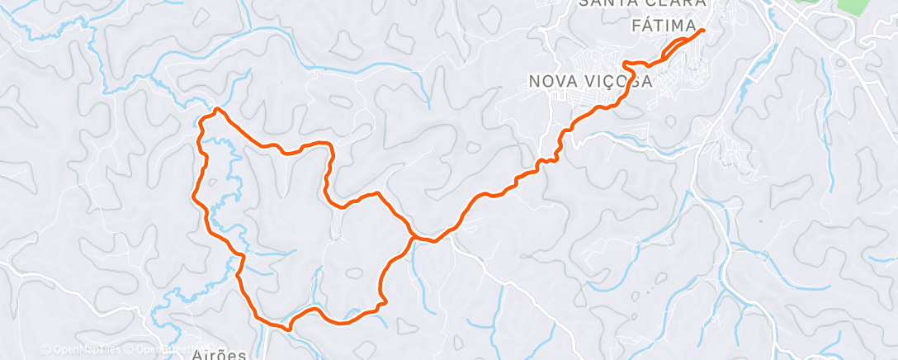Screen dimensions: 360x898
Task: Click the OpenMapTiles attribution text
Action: point(85,349)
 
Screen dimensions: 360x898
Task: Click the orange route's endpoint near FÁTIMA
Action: point(702,31)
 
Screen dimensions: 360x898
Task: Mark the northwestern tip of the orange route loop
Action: point(216,109)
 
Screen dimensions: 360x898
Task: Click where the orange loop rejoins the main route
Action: point(413,238)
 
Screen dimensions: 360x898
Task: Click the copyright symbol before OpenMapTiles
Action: point(46,349)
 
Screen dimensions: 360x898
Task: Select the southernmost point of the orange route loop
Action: point(289,329)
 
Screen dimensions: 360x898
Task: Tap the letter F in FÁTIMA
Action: point(636,26)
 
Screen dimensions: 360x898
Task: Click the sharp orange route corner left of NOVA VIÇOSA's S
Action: point(625,64)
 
